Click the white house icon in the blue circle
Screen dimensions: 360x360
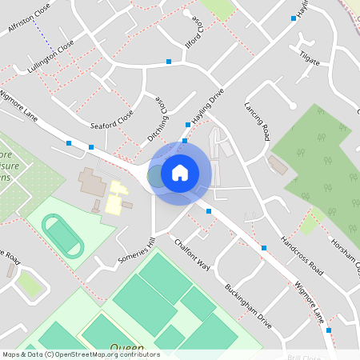[180, 173]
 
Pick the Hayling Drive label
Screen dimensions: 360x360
[206, 106]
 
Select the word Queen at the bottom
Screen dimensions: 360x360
[126, 348]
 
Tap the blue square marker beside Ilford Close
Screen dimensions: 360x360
[169, 61]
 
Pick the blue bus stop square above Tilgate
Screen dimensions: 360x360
[294, 18]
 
